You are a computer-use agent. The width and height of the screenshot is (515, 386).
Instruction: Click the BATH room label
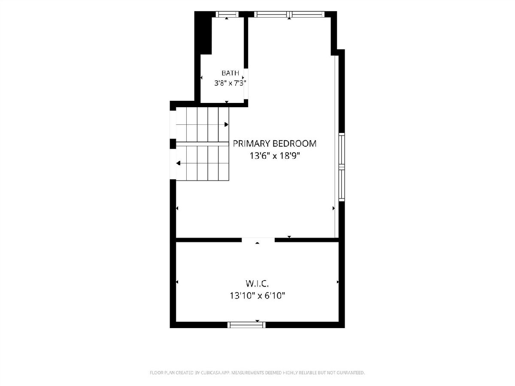click(x=230, y=73)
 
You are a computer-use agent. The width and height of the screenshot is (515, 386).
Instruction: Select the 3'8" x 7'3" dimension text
click(x=230, y=83)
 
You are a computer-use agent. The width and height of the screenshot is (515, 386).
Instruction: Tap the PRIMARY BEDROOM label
click(x=275, y=143)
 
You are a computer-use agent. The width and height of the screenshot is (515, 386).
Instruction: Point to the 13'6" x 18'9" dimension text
click(x=275, y=156)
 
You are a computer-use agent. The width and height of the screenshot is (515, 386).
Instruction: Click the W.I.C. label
click(x=257, y=284)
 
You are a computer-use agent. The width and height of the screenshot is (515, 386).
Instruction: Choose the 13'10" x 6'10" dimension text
click(x=257, y=296)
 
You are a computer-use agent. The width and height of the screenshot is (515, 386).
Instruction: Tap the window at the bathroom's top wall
click(x=227, y=14)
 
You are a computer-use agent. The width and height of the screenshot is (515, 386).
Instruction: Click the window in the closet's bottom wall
click(x=246, y=325)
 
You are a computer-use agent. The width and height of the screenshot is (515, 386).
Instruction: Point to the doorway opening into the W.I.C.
click(x=258, y=240)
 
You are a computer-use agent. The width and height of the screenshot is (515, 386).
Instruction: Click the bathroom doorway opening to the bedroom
click(x=246, y=84)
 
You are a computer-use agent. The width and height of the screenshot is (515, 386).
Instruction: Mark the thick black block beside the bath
click(x=203, y=33)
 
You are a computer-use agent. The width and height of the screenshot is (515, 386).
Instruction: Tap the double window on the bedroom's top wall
click(x=290, y=14)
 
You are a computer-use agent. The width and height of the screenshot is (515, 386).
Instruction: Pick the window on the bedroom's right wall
click(x=342, y=167)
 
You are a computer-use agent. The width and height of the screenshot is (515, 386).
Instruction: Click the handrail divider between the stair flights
click(x=202, y=144)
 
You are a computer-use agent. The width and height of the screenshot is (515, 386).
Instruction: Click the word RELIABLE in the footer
click(x=308, y=372)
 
